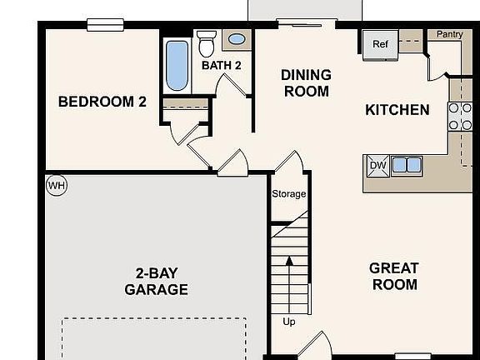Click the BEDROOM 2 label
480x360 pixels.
[x=102, y=102]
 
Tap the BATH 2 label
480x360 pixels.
[x=221, y=65]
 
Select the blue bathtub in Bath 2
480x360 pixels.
[x=177, y=66]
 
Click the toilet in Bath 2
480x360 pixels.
[x=207, y=43]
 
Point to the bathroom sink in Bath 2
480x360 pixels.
[x=237, y=39]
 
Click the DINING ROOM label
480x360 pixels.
[x=306, y=82]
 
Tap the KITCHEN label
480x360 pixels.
[x=397, y=110]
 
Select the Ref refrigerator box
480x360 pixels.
[x=380, y=44]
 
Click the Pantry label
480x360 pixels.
[x=449, y=34]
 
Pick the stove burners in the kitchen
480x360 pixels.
[x=460, y=117]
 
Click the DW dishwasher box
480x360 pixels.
[x=377, y=165]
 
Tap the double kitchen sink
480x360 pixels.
[x=407, y=165]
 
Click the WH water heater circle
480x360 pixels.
[x=56, y=184]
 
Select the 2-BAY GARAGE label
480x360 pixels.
[x=156, y=282]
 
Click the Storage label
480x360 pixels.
[x=288, y=194]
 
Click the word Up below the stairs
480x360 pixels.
[x=288, y=322]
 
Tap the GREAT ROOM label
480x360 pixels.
[x=394, y=276]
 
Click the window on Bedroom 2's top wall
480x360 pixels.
[x=105, y=25]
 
